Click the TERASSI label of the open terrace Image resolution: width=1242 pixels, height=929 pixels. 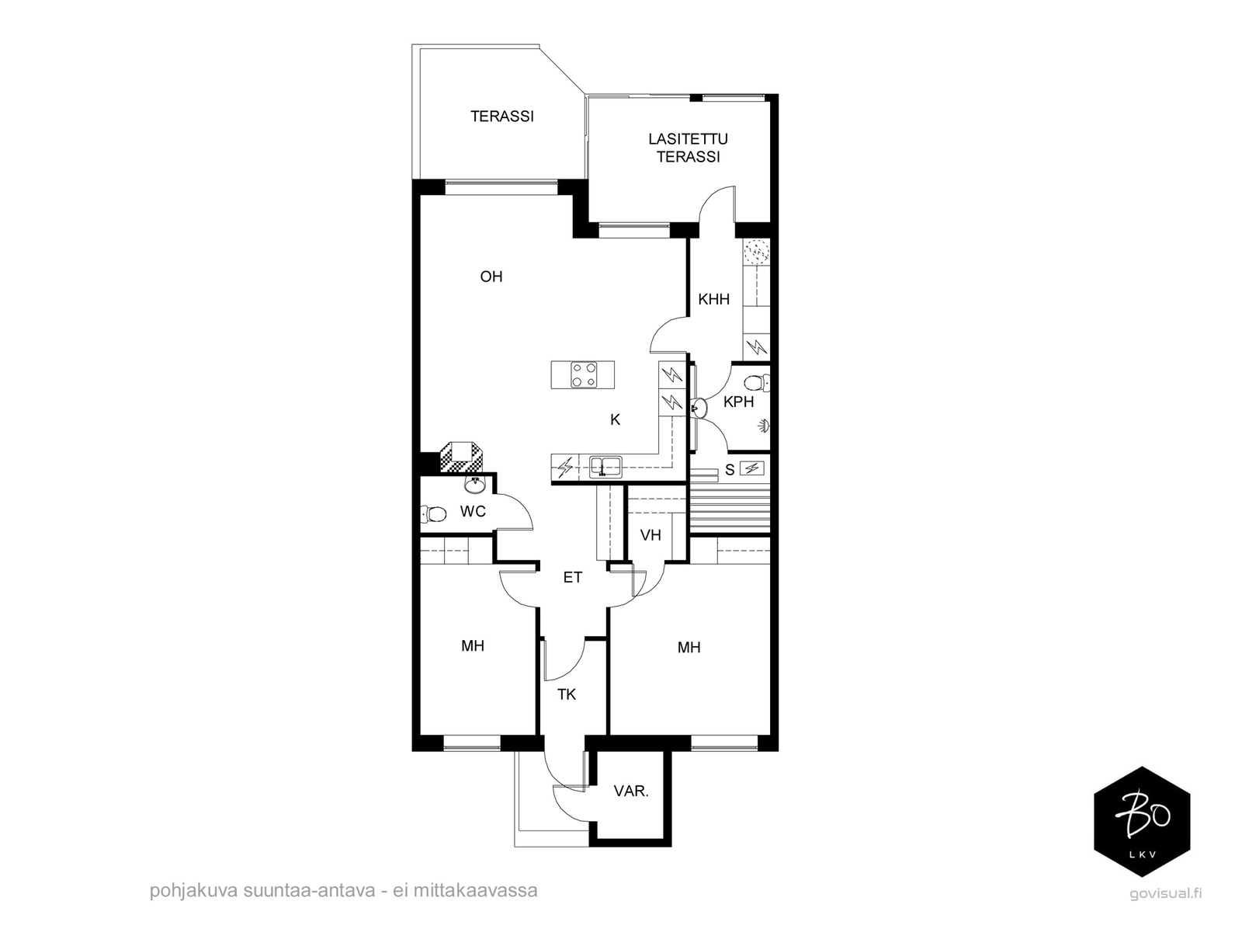pos(502,116)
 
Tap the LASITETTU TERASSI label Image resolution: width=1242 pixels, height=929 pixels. pos(688,148)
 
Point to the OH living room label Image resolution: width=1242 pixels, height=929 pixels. pos(491,277)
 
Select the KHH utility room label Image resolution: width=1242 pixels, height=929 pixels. pos(713,299)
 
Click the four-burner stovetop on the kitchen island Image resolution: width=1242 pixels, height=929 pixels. pos(584,374)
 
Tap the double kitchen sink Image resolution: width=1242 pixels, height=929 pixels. pos(605,467)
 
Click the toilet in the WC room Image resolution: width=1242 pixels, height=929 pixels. pos(433,514)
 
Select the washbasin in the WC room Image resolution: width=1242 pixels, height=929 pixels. pos(474,485)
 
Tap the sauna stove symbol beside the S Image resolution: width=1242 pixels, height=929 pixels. pos(752,468)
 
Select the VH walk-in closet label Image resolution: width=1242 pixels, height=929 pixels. pos(650,535)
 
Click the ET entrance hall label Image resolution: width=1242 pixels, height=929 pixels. pos(573,577)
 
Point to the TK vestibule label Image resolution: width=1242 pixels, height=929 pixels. pos(567,694)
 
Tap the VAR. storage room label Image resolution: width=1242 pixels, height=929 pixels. pos(631,791)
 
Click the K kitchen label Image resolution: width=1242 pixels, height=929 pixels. pos(615,419)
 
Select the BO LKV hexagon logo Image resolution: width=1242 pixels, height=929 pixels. pos(1142,822)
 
